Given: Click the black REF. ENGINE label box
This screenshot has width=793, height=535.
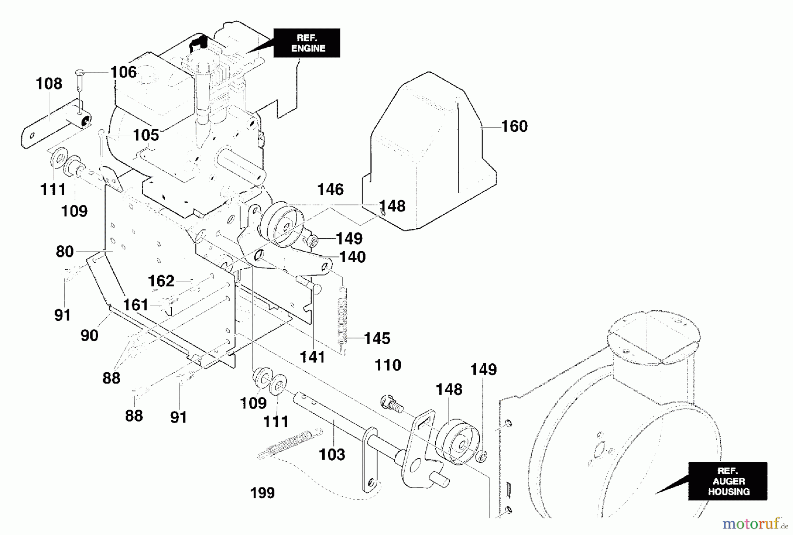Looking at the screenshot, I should point(307,43).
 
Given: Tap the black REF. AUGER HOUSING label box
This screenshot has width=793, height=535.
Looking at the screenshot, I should point(728,481).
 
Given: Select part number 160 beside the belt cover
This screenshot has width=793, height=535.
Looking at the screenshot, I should point(514,126).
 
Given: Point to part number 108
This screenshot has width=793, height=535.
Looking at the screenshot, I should point(49,84).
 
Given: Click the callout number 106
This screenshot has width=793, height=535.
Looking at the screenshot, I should point(123,72).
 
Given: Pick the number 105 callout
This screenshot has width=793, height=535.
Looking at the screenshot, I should point(146,135).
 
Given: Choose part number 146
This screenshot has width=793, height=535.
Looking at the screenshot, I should point(330,189).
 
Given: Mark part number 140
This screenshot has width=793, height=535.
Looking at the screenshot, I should point(352,257).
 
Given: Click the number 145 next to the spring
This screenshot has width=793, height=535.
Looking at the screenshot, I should point(377,338).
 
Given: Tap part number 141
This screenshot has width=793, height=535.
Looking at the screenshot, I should point(312,357).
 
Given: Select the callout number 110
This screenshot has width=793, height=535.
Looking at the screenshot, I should point(388,365).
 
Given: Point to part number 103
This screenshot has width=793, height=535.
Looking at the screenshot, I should point(332,454).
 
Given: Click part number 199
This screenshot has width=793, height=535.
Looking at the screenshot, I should point(262,493).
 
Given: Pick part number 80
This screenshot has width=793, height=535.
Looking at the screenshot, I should point(65,252).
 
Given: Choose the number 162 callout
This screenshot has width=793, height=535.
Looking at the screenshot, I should point(161,281).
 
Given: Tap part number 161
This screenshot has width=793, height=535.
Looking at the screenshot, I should point(135,305).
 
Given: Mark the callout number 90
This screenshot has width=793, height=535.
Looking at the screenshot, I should point(89,336).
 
